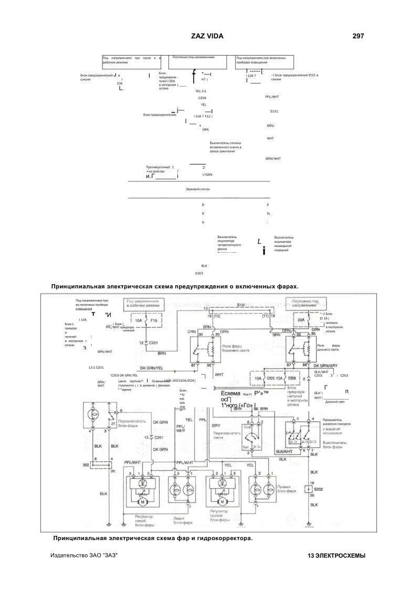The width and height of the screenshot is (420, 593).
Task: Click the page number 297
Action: [x=358, y=36]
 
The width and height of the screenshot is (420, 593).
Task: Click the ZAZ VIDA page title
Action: [x=207, y=36]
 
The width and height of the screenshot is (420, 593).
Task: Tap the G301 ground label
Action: [x=199, y=273]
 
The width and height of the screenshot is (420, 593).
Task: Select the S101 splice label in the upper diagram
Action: [x=274, y=112]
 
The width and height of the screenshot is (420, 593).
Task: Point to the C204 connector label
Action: [x=202, y=98]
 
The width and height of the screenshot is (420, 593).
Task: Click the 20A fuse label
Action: [x=301, y=320]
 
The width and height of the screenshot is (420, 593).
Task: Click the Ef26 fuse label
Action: [x=292, y=378]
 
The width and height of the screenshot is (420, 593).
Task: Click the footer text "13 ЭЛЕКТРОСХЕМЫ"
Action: [x=337, y=556]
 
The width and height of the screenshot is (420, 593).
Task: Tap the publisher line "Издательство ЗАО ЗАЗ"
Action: [x=84, y=555]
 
